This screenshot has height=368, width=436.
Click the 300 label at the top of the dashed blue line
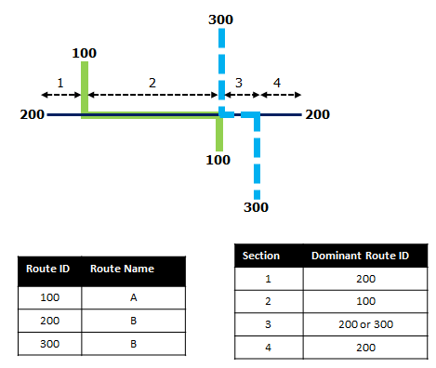pyautogui.click(x=221, y=20)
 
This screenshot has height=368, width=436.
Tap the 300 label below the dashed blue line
pyautogui.click(x=257, y=207)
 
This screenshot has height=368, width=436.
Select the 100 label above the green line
pyautogui.click(x=85, y=53)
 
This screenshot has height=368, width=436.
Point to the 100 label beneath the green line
pyautogui.click(x=218, y=160)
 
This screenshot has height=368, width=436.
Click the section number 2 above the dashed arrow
pyautogui.click(x=152, y=83)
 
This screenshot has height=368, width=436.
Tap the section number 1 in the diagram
pyautogui.click(x=59, y=83)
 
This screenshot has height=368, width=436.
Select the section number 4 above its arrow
pyautogui.click(x=277, y=84)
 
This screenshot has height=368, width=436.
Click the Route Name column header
pyautogui.click(x=122, y=269)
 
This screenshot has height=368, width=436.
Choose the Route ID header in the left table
pyautogui.click(x=48, y=269)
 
